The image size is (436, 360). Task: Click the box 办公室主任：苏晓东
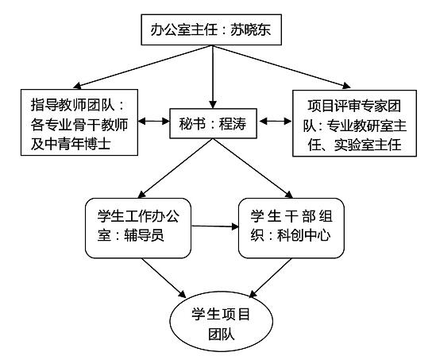click(x=210, y=31)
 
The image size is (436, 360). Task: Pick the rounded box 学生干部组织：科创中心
click(x=291, y=227)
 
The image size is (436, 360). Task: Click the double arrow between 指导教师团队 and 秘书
click(x=153, y=123)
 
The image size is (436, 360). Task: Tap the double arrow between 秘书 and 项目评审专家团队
click(x=274, y=122)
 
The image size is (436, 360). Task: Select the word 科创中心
click(x=304, y=238)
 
